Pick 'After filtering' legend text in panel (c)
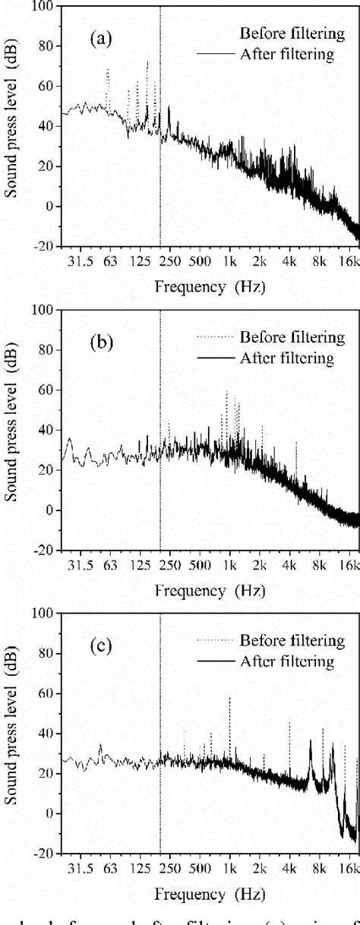point(287,661)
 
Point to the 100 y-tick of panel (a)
point(44,5)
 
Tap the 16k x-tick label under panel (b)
point(349,566)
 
